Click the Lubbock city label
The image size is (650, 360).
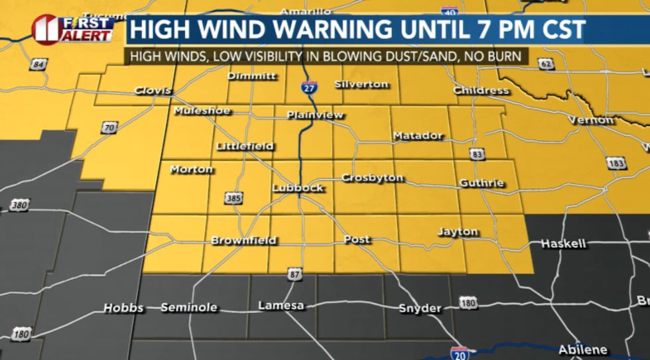(x=298, y=188)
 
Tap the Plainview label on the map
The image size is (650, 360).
(x=315, y=115)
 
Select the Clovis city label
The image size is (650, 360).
(x=153, y=91)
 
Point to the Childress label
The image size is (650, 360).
(x=481, y=90)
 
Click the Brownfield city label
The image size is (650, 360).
(x=243, y=241)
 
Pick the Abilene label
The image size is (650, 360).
(x=582, y=349)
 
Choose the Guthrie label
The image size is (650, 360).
(x=482, y=183)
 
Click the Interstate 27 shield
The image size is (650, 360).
(x=311, y=86)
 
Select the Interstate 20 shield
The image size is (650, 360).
(x=459, y=353)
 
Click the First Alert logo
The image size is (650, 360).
(x=73, y=29)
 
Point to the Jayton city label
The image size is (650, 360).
(x=458, y=232)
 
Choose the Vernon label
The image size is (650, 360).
(x=591, y=120)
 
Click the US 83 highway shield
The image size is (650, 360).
(x=476, y=154)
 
